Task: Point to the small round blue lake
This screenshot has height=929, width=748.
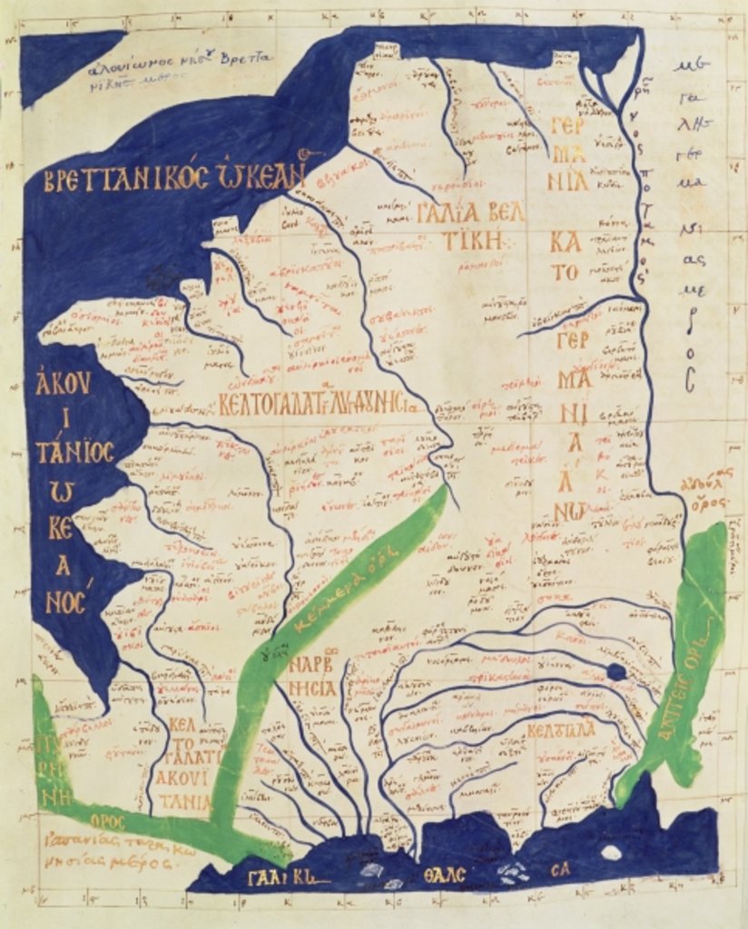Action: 616,671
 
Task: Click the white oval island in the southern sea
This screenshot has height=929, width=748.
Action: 612,853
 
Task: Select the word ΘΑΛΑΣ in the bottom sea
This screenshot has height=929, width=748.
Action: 442,876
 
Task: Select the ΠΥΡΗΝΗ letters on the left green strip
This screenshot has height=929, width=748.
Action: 45,766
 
